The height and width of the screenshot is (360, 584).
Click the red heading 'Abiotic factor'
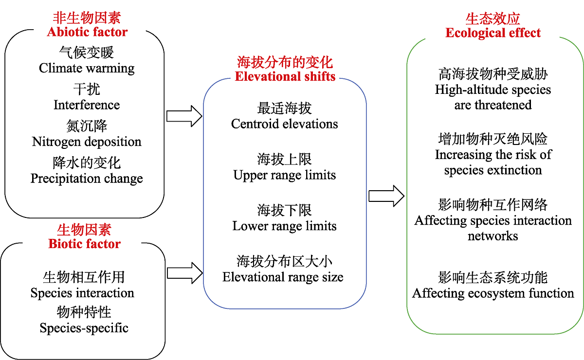[x=87, y=32]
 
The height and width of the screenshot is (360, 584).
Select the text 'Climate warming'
[x=87, y=68]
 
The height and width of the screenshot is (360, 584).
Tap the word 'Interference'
[x=87, y=105]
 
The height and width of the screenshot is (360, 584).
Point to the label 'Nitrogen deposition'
[x=87, y=142]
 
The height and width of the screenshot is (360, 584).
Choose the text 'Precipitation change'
[x=87, y=179]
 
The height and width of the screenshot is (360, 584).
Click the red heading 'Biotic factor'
[x=84, y=243]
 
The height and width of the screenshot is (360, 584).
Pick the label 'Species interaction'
[x=82, y=293]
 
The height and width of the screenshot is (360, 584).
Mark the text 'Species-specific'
[x=84, y=328]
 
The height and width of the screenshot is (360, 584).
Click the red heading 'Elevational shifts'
[x=285, y=76]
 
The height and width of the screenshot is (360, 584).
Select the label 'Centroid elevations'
[x=285, y=124]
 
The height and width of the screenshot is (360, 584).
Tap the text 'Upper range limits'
[x=285, y=175]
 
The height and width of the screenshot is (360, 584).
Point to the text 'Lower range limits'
[x=285, y=226]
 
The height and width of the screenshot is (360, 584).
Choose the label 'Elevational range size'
[x=283, y=277]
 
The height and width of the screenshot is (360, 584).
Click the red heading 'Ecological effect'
[x=493, y=33]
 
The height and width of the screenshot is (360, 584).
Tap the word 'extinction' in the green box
[x=516, y=170]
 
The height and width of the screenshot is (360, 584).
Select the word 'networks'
[x=493, y=236]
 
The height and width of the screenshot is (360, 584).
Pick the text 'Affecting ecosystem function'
[x=493, y=293]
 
